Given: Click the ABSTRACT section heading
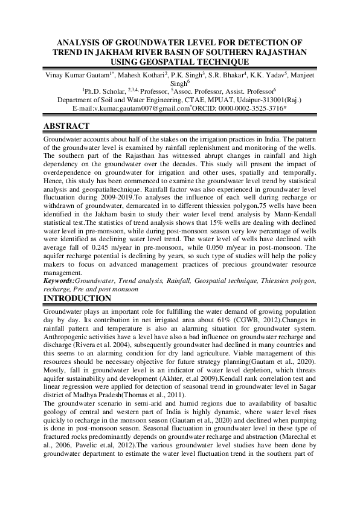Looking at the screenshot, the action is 66,126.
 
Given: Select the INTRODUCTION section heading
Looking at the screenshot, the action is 77,299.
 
